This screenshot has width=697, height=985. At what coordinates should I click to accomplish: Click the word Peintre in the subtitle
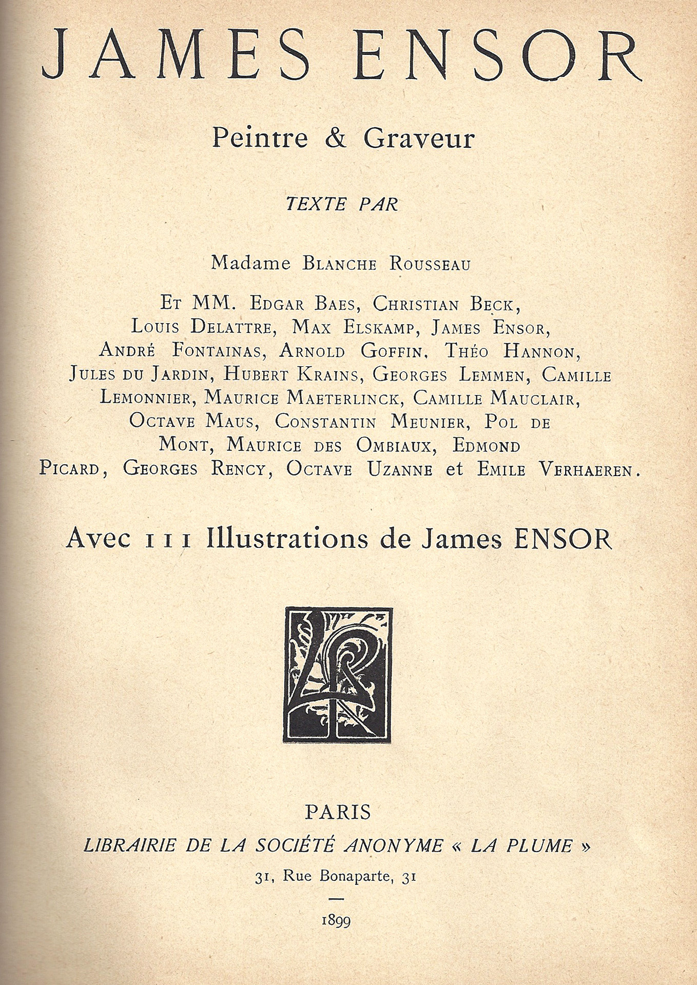260,138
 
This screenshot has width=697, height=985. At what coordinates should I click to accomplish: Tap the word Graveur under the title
419,138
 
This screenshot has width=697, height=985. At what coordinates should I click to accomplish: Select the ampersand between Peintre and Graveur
336,139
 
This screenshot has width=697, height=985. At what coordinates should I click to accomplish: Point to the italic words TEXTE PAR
342,204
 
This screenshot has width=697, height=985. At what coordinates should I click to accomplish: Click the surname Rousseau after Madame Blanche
430,264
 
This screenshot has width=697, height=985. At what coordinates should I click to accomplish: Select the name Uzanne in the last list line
400,469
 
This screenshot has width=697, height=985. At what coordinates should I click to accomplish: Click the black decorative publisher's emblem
338,675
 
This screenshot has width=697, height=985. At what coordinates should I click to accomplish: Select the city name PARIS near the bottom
338,812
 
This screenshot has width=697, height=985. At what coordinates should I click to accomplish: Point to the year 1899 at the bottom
336,920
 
